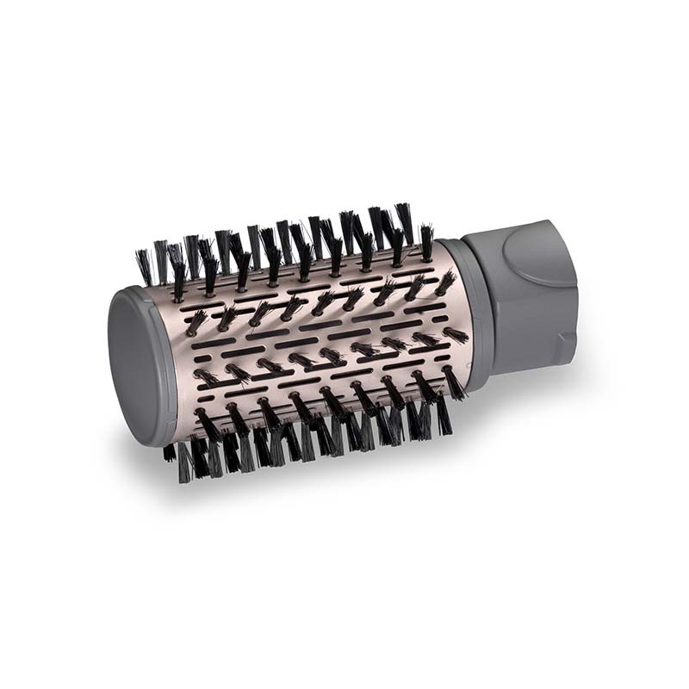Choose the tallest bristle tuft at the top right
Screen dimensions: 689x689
[x=404, y=222]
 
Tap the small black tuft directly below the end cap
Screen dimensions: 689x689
[x=170, y=452]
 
